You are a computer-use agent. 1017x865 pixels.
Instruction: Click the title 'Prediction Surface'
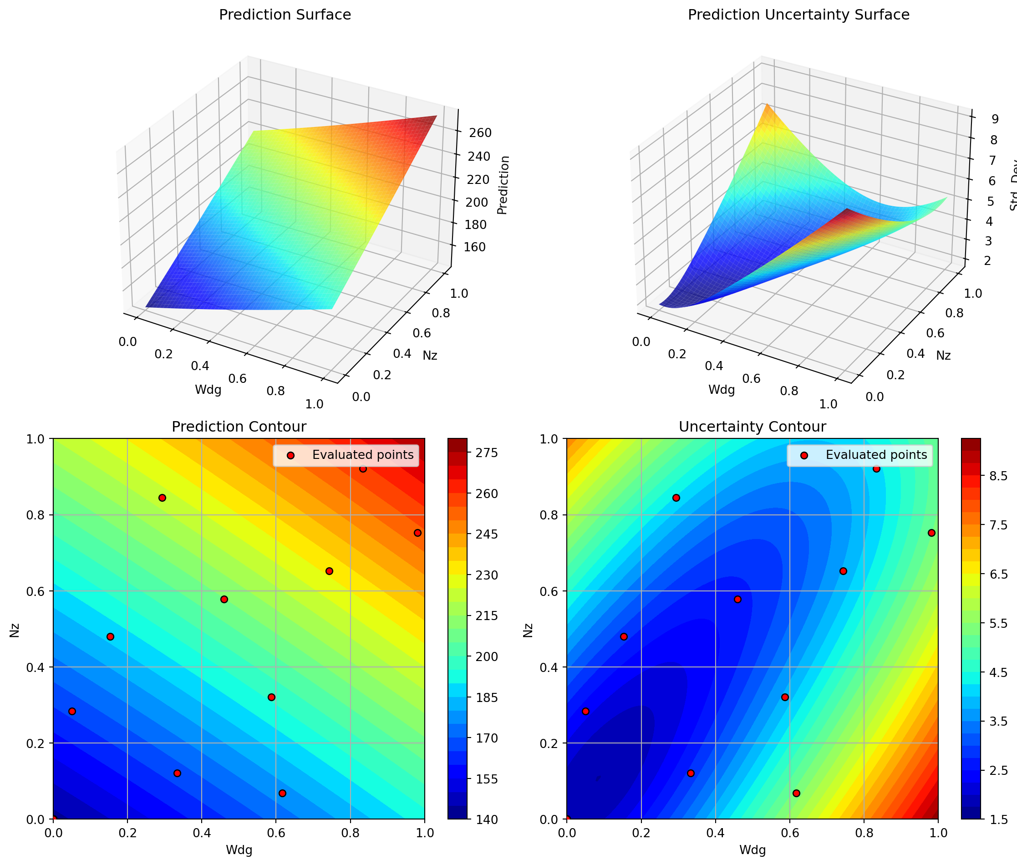tap(285, 15)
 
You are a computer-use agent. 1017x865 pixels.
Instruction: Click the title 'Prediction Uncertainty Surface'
tap(798, 15)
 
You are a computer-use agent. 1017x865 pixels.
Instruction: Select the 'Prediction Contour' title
tap(239, 427)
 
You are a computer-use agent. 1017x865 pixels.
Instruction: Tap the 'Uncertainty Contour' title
tap(752, 427)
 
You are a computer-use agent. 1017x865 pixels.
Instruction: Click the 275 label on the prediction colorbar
tap(488, 453)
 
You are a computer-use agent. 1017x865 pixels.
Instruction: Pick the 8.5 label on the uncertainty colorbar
tap(998, 476)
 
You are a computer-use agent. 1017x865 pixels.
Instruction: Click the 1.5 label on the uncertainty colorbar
tap(998, 819)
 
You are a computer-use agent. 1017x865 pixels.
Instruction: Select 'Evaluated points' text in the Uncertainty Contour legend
tap(876, 454)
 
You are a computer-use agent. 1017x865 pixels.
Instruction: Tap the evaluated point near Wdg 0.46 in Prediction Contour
tap(224, 599)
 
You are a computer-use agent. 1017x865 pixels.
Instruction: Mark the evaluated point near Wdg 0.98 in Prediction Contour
tap(417, 533)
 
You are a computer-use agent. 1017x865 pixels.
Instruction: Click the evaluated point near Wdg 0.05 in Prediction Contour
tap(72, 711)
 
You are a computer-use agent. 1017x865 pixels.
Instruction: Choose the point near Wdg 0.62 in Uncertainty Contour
tap(796, 793)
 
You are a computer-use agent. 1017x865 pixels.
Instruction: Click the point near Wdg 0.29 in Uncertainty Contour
tap(676, 498)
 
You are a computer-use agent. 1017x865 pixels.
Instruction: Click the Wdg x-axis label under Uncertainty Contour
tap(752, 850)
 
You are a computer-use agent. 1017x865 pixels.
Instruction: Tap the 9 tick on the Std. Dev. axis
tap(995, 119)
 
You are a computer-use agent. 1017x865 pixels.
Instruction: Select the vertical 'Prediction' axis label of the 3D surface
tap(503, 185)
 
